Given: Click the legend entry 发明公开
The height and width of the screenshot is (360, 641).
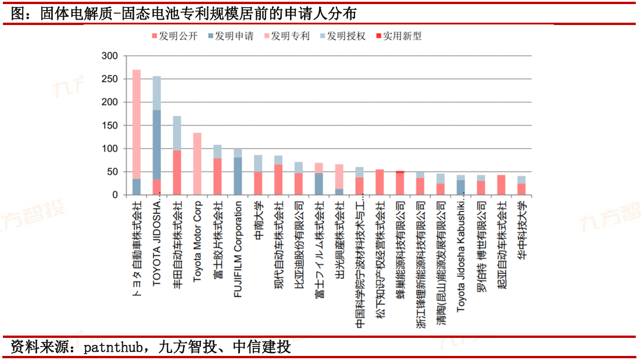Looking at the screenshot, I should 178,36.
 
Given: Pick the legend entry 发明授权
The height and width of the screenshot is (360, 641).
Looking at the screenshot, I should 346,36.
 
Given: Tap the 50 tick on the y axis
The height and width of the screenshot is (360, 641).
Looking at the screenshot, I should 112,172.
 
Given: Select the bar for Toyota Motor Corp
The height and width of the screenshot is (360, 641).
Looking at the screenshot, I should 197,164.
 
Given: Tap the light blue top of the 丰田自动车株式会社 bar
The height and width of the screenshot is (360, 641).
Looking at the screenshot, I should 177,133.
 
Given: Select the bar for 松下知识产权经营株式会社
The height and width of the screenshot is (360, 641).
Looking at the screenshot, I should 379,183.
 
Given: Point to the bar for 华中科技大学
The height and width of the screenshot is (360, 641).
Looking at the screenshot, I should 521,186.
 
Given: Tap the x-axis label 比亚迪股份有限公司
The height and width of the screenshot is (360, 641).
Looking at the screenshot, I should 299,241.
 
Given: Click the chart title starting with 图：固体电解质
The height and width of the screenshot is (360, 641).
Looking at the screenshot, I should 184,13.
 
